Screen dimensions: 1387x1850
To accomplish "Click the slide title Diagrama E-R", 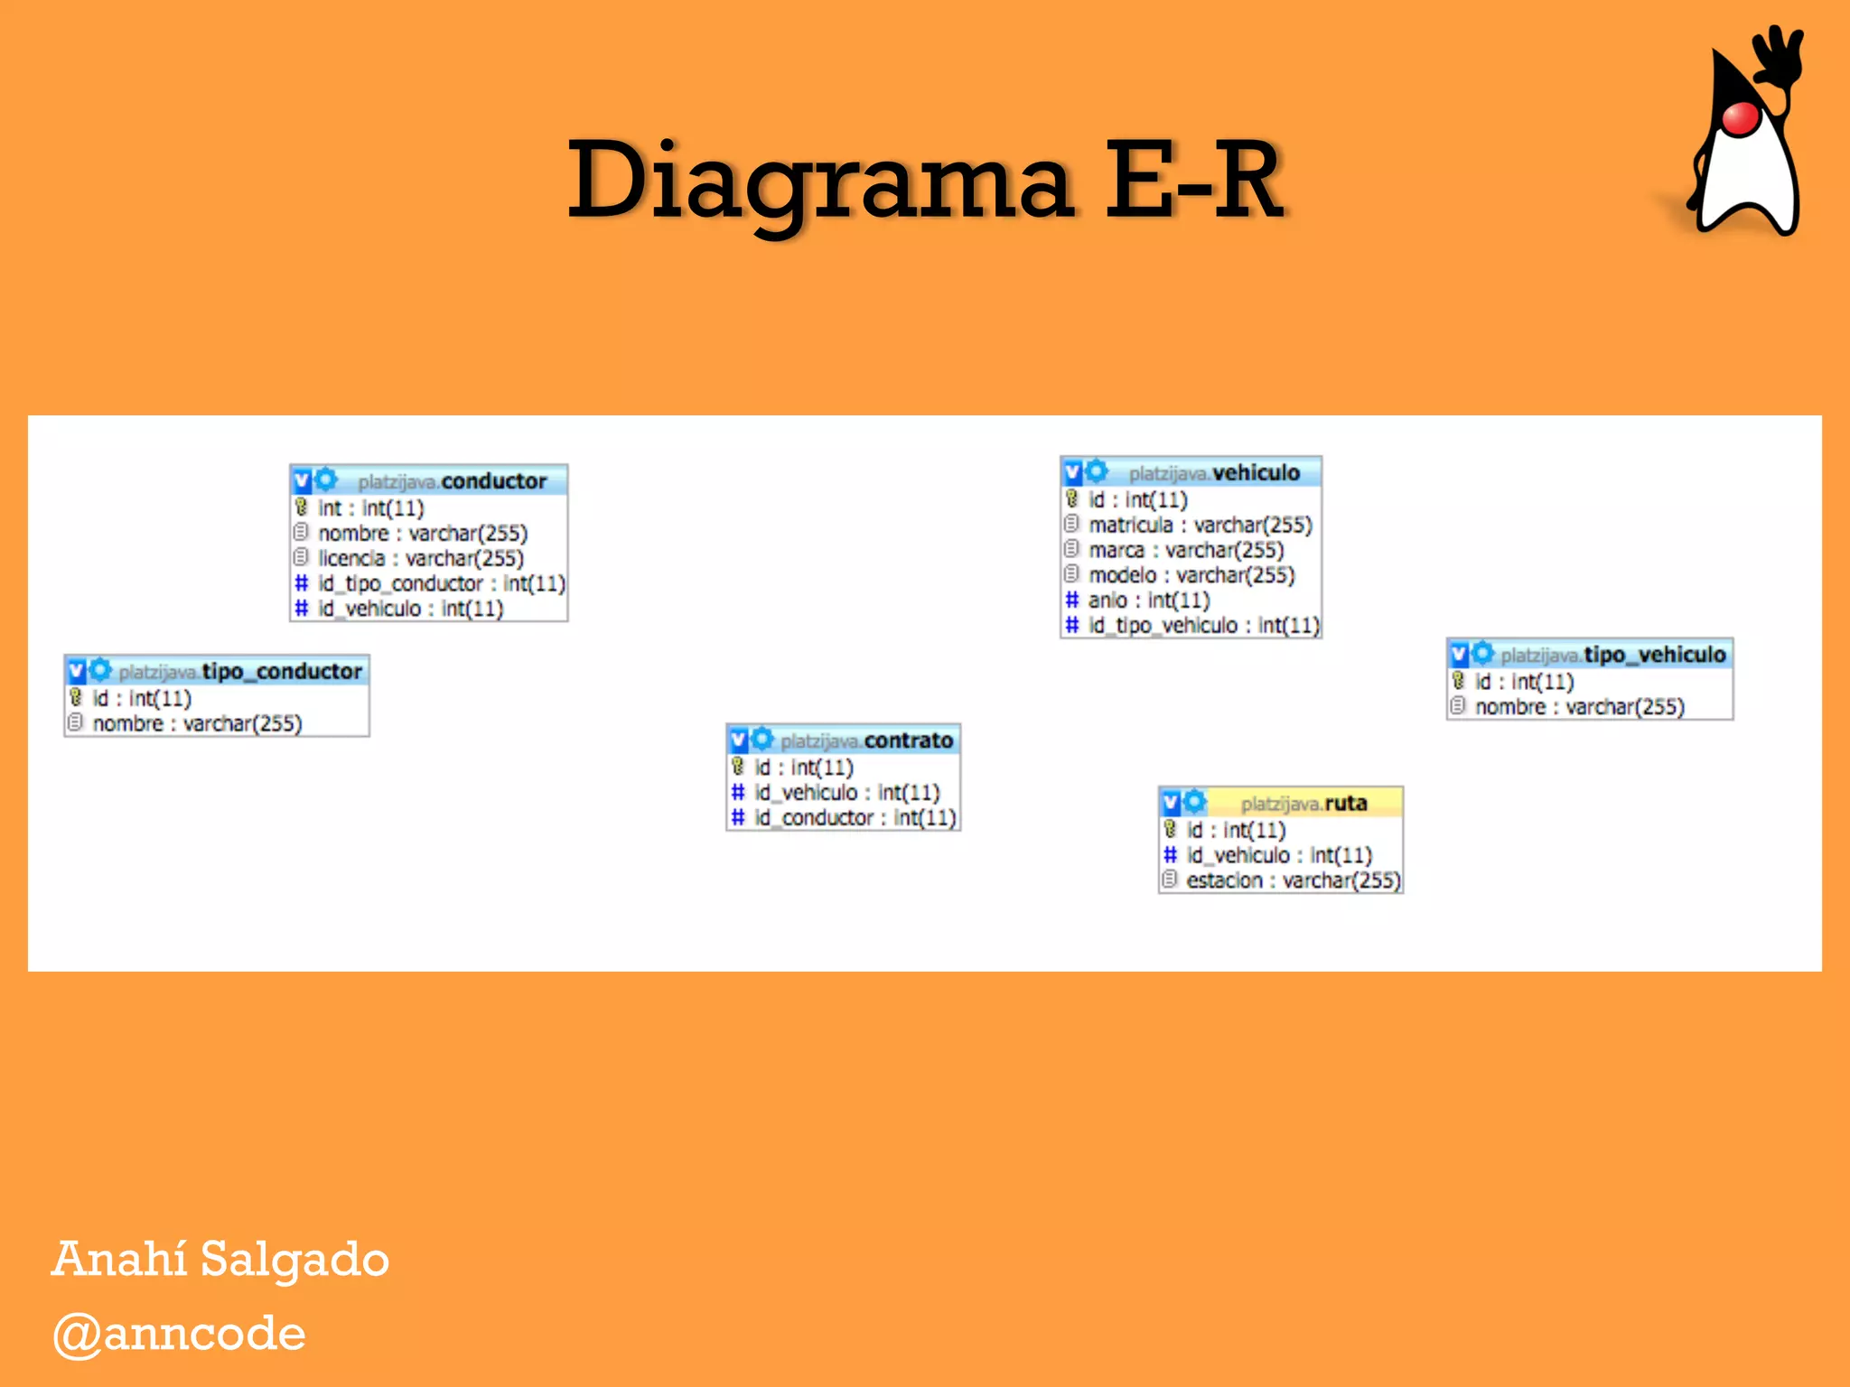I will (925, 181).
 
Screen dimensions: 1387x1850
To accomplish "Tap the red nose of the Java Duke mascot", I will (1741, 118).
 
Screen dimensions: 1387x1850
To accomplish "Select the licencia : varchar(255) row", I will (420, 558).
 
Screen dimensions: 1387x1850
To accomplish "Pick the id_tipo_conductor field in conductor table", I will (441, 583).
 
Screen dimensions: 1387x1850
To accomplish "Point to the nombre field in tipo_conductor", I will (197, 723).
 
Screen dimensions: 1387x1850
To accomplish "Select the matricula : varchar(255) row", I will (1200, 525).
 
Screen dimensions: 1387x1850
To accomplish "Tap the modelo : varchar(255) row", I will (1191, 575).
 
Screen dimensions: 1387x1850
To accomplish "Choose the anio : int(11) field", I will (1148, 600).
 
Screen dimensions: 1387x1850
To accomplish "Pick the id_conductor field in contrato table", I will (855, 817).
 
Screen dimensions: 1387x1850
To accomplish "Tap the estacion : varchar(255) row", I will (1293, 880).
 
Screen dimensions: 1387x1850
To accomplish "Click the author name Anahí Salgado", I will (220, 1259).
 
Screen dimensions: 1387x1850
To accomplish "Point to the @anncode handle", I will (180, 1334).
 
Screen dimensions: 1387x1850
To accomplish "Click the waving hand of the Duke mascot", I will (1776, 54).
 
